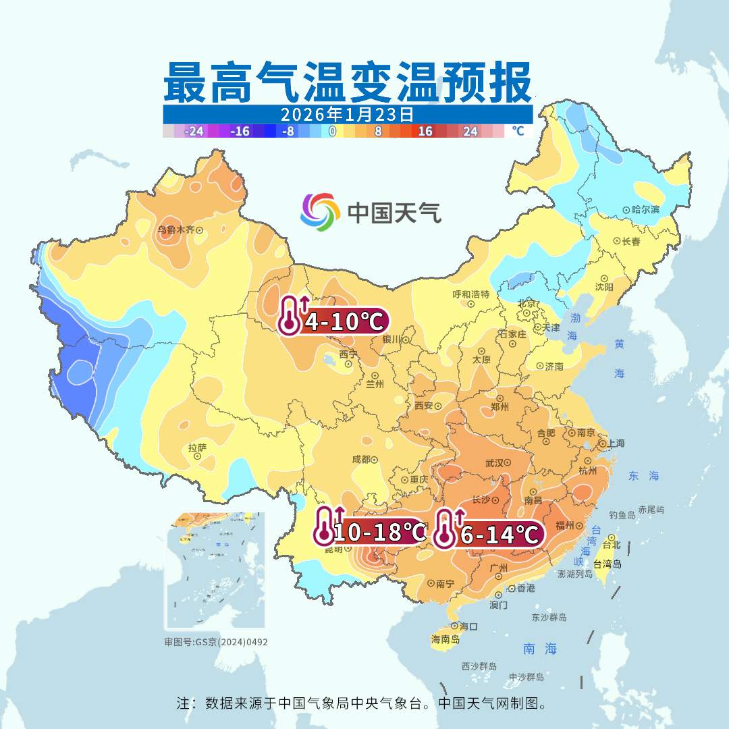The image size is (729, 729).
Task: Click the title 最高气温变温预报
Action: pos(347,82)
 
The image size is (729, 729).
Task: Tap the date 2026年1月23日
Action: pos(347,114)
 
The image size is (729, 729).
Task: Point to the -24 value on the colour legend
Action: pos(194,131)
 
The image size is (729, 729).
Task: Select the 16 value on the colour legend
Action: pos(425,131)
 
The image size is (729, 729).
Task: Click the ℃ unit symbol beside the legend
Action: pos(517,131)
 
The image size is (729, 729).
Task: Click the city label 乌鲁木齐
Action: pos(175,230)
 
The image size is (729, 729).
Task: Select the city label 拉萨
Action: pos(197,447)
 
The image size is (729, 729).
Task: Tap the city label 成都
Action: pos(361,459)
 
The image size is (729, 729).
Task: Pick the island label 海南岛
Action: pos(446,639)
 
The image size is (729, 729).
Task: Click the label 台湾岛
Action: pos(607,564)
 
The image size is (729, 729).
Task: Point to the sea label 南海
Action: pos(540,649)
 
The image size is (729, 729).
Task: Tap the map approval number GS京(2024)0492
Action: pos(216,642)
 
